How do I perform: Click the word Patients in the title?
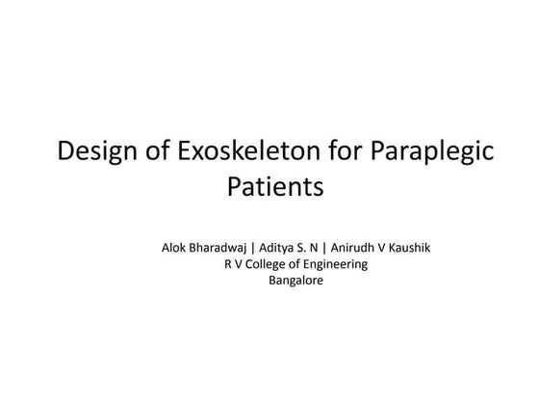pos(275,185)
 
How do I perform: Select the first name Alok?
pos(175,247)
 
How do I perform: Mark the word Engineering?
pos(333,264)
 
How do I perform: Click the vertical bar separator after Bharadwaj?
pos(252,247)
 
